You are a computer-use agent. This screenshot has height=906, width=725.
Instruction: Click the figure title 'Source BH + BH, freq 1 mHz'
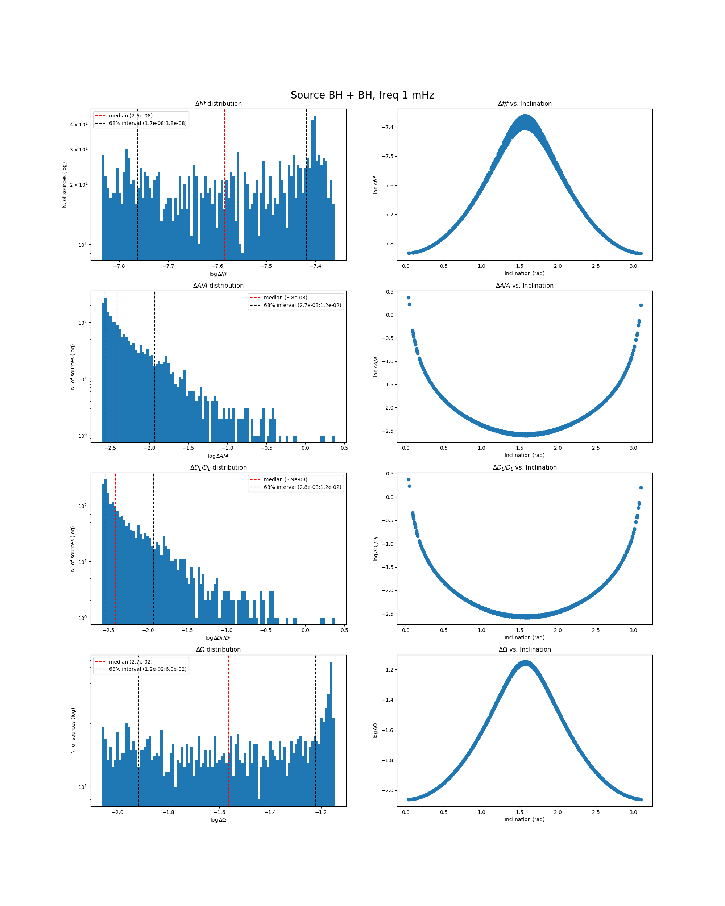pyautogui.click(x=362, y=95)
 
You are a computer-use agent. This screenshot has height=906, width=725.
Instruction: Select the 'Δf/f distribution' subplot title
pyautogui.click(x=218, y=104)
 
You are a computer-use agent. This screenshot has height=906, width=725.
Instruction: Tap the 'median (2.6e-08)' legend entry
pyautogui.click(x=130, y=116)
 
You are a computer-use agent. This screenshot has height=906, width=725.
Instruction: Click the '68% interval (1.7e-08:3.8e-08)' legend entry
pyautogui.click(x=148, y=123)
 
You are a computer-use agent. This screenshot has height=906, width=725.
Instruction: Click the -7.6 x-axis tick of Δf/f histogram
pyautogui.click(x=217, y=266)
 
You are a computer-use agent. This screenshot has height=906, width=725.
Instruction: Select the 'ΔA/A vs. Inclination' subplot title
pyautogui.click(x=525, y=286)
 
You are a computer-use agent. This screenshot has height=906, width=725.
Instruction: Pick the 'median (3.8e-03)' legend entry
pyautogui.click(x=285, y=298)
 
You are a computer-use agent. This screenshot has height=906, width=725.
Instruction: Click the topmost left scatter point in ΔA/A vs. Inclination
pyautogui.click(x=409, y=298)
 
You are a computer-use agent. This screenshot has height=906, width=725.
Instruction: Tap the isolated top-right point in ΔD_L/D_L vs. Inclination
pyautogui.click(x=641, y=487)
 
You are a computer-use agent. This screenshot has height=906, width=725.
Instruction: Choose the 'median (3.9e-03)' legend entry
pyautogui.click(x=285, y=479)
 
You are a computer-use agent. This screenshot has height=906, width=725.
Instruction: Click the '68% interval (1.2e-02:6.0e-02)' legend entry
pyautogui.click(x=148, y=669)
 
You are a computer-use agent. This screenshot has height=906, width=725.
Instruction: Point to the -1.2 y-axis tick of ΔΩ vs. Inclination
pyautogui.click(x=387, y=669)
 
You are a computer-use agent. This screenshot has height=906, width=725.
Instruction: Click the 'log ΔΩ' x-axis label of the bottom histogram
pyautogui.click(x=218, y=820)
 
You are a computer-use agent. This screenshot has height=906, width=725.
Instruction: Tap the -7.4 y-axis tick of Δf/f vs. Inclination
pyautogui.click(x=387, y=127)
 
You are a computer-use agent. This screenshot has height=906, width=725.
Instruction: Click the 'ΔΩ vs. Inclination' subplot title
pyautogui.click(x=525, y=650)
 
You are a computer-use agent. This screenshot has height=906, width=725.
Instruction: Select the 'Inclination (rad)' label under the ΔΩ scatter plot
pyautogui.click(x=525, y=819)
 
